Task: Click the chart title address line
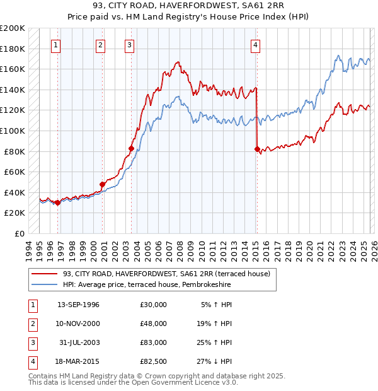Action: click(x=188, y=6)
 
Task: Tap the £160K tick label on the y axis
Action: click(x=13, y=69)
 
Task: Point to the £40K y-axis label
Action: click(x=14, y=192)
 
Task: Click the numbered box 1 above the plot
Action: click(x=57, y=45)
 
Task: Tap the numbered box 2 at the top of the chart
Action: click(x=100, y=45)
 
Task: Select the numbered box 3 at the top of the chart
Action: click(x=129, y=45)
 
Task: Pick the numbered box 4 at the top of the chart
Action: click(x=256, y=45)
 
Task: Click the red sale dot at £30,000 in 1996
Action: click(x=57, y=202)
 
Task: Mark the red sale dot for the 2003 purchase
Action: click(x=131, y=149)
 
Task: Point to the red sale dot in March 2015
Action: click(x=257, y=149)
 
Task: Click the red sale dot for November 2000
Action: click(x=102, y=184)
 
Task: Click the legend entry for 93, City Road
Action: click(x=166, y=274)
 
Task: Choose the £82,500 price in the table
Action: click(x=154, y=361)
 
